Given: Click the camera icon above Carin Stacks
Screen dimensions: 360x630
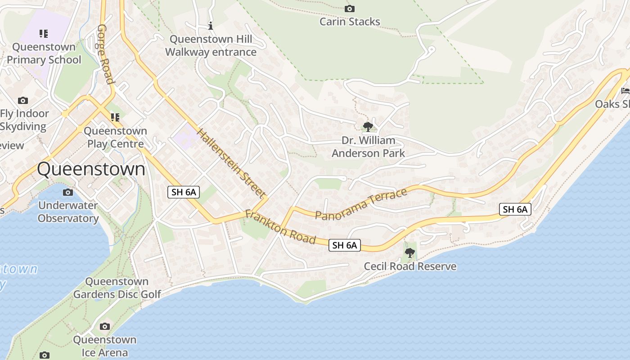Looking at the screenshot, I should [349, 9].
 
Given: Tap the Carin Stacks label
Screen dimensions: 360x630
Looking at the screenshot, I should [350, 22].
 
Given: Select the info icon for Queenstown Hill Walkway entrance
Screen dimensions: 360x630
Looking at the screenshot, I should [210, 26].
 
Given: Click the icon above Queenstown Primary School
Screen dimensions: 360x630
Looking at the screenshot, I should [43, 34].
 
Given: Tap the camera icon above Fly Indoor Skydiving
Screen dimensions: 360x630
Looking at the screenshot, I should [23, 100].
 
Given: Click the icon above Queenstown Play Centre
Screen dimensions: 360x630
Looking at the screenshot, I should [115, 117].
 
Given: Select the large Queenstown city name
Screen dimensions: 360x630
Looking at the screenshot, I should [91, 170].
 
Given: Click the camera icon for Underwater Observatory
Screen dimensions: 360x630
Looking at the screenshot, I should [67, 192].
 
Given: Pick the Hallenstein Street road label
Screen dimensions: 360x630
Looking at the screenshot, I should [230, 163].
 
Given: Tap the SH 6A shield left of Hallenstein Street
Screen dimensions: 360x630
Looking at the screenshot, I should [184, 192].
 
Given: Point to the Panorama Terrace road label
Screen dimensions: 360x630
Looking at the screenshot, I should [361, 205].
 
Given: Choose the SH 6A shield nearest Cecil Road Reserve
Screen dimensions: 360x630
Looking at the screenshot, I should [345, 245].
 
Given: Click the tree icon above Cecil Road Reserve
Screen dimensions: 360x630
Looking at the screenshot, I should [409, 253].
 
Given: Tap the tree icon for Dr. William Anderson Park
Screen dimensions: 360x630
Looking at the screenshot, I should [368, 127].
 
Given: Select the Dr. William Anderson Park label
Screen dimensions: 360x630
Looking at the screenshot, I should [368, 147].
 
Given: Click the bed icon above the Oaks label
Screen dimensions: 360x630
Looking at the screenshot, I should [625, 90].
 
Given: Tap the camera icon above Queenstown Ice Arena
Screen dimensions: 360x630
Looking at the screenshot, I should [104, 326].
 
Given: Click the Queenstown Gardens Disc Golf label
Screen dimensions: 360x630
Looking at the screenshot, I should [117, 288].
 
